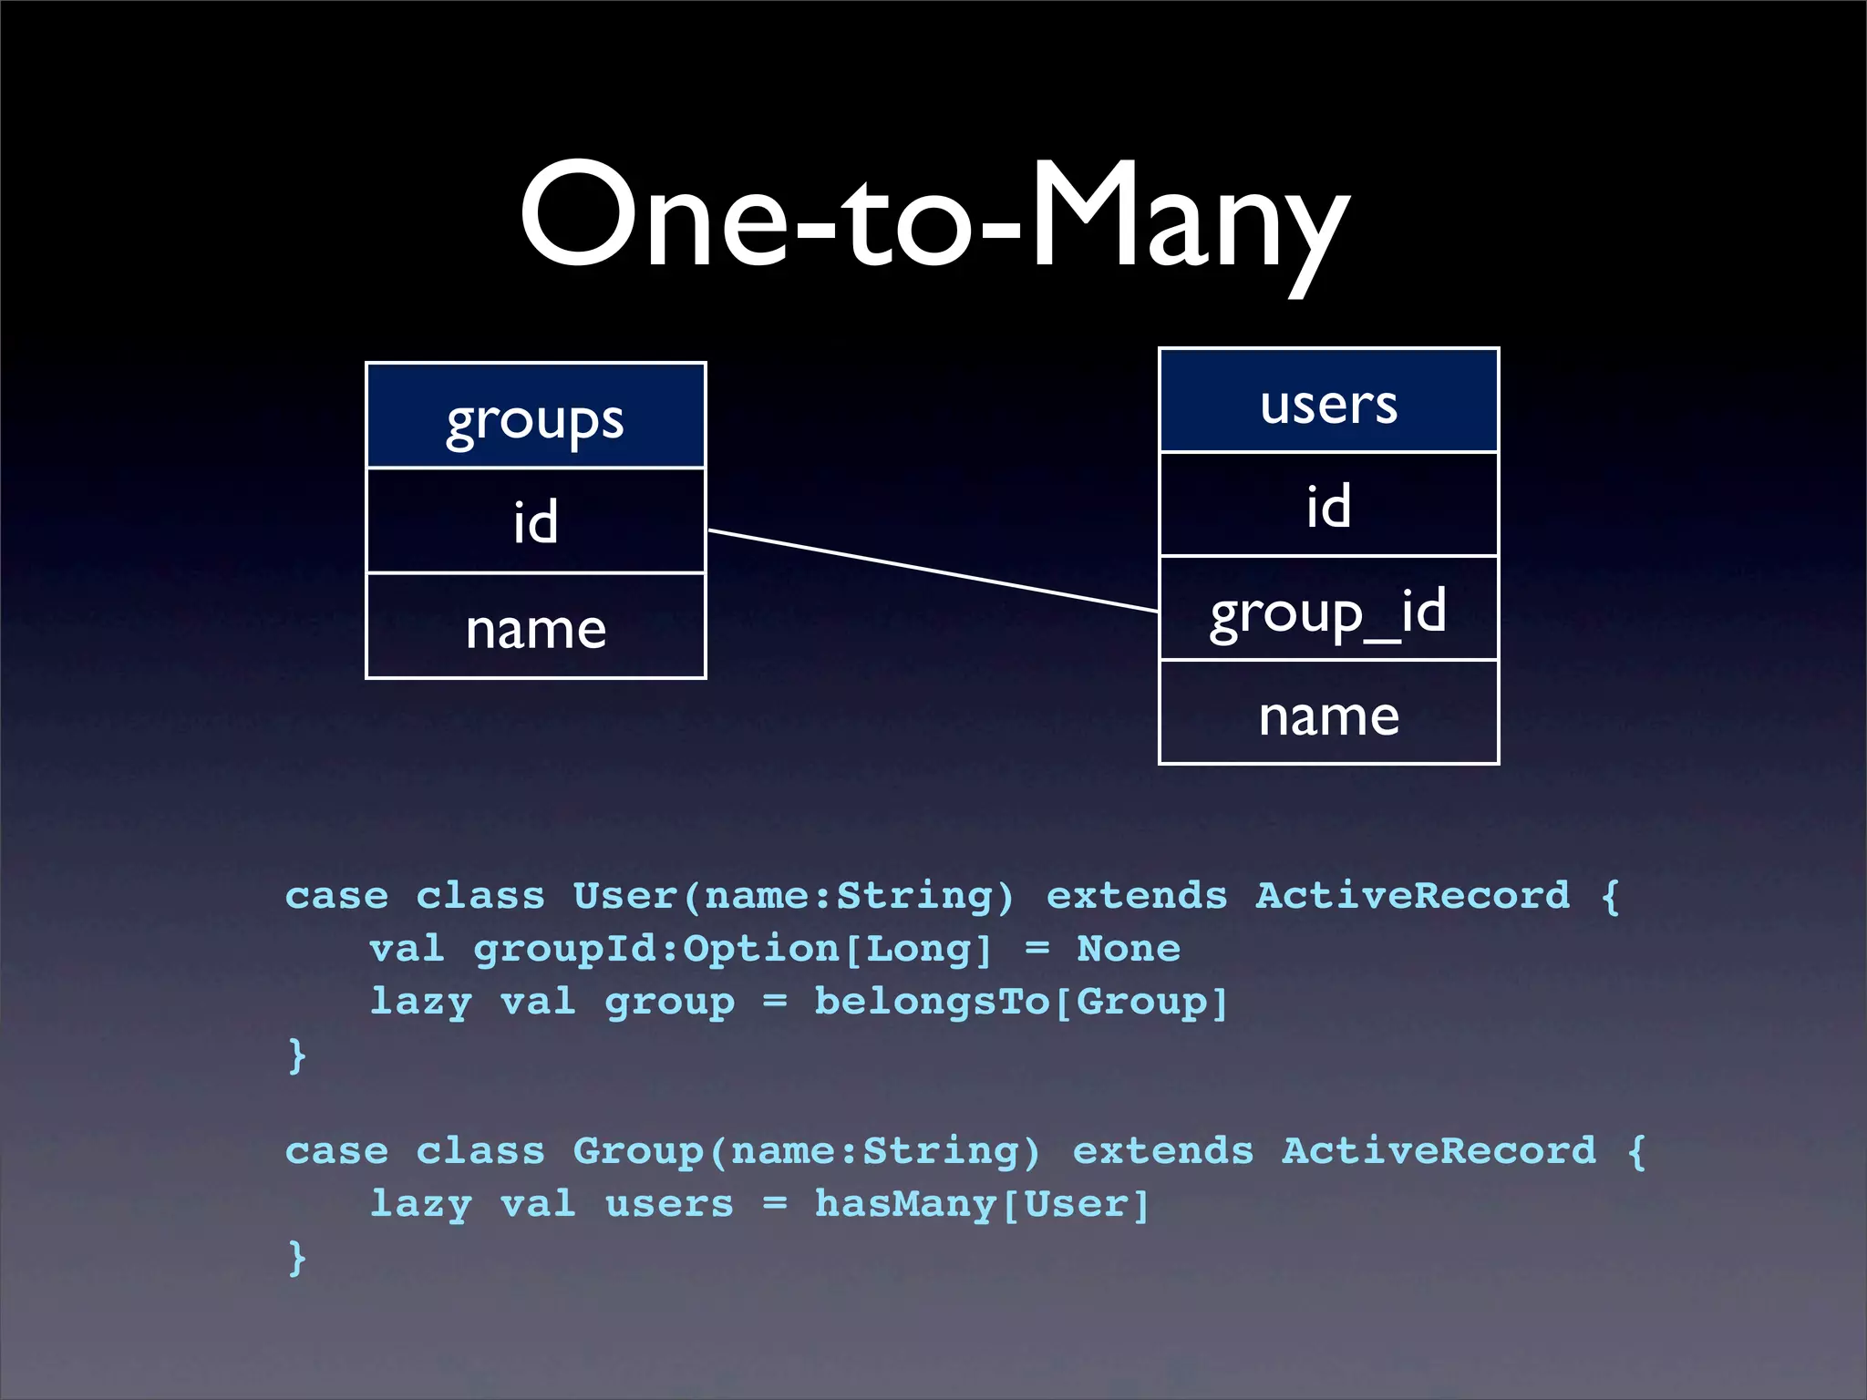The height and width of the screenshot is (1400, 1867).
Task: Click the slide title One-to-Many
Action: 933,219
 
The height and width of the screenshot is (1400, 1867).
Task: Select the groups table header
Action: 535,417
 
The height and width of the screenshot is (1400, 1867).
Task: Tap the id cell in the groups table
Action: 535,521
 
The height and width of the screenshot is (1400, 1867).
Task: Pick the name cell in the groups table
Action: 535,627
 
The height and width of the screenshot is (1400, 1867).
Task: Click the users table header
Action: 1328,402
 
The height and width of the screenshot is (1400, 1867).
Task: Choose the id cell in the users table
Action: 1328,505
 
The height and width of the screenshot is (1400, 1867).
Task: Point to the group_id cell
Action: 1328,610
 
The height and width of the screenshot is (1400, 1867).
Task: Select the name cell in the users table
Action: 1328,714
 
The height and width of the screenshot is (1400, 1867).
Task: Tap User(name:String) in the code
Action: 792,896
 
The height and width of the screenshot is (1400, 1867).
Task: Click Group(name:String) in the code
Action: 806,1151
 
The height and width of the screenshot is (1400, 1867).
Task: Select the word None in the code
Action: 1129,949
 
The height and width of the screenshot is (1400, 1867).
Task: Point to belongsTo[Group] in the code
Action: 1021,1002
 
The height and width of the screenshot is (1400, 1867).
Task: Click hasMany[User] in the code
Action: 982,1204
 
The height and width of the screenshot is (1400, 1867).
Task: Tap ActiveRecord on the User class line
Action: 1412,896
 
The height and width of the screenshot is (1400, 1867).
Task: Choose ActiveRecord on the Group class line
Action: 1439,1151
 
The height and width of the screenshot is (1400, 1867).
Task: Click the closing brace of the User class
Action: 297,1055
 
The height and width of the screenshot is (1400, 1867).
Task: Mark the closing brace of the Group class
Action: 297,1258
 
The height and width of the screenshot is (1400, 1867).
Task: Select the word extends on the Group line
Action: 1162,1151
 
